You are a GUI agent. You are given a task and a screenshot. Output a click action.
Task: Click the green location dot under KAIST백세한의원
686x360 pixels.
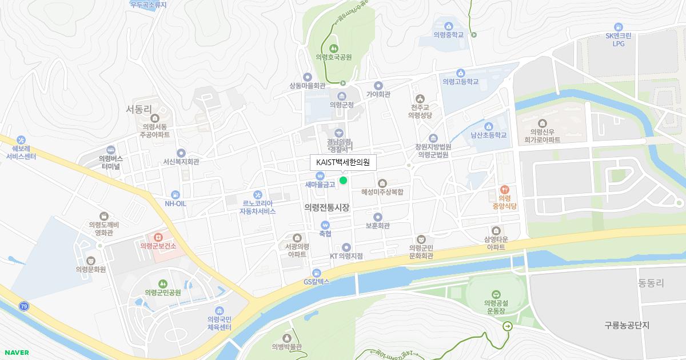[x=343, y=181]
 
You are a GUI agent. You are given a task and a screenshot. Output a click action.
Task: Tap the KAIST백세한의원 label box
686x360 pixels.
[x=343, y=162]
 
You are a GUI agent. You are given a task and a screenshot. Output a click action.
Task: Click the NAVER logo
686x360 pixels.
[x=15, y=353]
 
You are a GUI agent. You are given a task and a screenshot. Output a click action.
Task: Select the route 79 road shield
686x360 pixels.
[x=23, y=306]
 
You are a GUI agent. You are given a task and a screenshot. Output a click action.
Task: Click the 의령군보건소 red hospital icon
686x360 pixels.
[x=158, y=237]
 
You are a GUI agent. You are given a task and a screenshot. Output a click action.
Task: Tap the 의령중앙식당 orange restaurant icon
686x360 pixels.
[x=504, y=189]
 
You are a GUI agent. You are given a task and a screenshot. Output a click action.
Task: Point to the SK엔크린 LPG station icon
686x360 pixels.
[x=618, y=27]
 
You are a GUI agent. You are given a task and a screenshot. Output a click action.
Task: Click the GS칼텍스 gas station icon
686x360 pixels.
[x=316, y=272]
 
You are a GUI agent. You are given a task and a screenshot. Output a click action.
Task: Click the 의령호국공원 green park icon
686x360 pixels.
[x=333, y=47]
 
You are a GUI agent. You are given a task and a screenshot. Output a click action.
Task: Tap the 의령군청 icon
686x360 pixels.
[x=342, y=95]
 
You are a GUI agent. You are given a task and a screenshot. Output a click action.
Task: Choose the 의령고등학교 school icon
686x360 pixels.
[x=460, y=73]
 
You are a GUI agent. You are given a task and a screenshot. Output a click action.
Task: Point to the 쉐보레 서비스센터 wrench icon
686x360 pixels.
[x=21, y=139]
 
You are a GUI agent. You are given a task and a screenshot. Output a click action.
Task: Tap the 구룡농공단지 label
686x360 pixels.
[x=627, y=325]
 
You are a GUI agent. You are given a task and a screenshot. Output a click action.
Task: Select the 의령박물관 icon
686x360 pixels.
[x=287, y=337]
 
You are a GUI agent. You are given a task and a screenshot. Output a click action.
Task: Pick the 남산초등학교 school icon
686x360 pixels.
[x=488, y=126]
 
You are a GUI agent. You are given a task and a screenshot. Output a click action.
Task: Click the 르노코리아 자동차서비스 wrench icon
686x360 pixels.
[x=257, y=194]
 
